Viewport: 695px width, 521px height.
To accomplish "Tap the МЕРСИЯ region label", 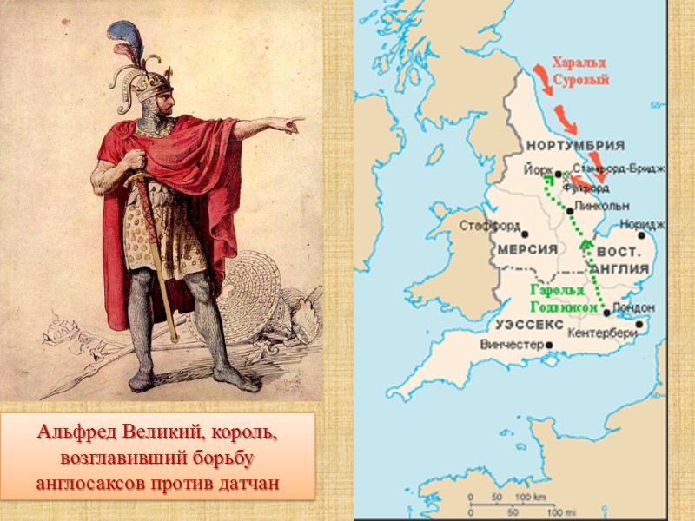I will (527, 249).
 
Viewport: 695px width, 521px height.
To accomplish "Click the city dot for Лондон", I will (606, 312).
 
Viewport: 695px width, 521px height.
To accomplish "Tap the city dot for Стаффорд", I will (525, 233).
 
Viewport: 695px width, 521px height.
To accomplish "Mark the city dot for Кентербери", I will (639, 325).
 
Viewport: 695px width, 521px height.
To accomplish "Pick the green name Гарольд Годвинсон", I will (564, 300).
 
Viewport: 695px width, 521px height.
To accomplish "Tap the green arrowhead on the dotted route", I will (586, 247).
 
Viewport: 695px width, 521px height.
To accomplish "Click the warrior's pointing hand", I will (290, 124).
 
